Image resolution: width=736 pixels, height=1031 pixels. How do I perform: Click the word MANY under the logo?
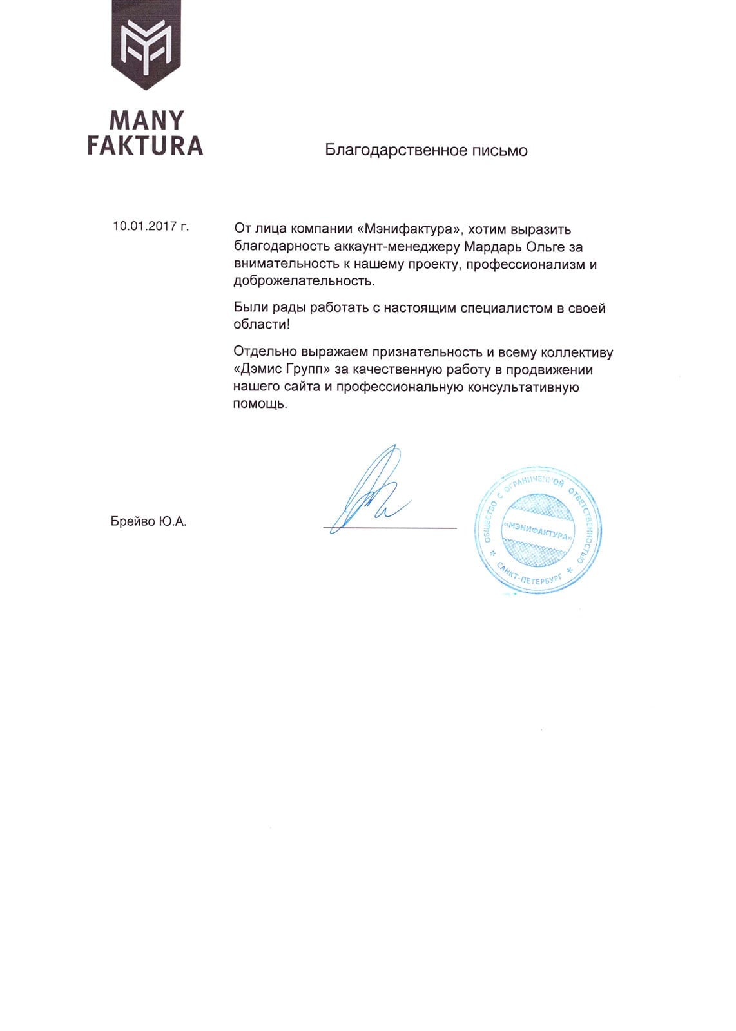point(146,120)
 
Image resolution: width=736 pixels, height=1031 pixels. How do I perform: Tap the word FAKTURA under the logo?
point(145,146)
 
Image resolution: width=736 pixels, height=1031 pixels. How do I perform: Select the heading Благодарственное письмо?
point(426,151)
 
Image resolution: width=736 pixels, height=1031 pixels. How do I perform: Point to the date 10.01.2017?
point(145,226)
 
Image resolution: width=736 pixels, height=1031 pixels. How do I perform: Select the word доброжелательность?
point(304,282)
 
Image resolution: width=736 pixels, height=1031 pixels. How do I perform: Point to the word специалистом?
point(507,308)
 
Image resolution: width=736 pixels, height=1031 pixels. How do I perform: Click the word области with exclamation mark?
point(262,325)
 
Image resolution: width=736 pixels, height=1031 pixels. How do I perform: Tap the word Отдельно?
point(262,352)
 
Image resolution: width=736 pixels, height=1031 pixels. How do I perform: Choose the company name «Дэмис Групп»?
point(282,370)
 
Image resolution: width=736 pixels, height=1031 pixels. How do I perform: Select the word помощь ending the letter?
point(260,405)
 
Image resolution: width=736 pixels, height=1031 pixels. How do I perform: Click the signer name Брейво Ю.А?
point(148,522)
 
